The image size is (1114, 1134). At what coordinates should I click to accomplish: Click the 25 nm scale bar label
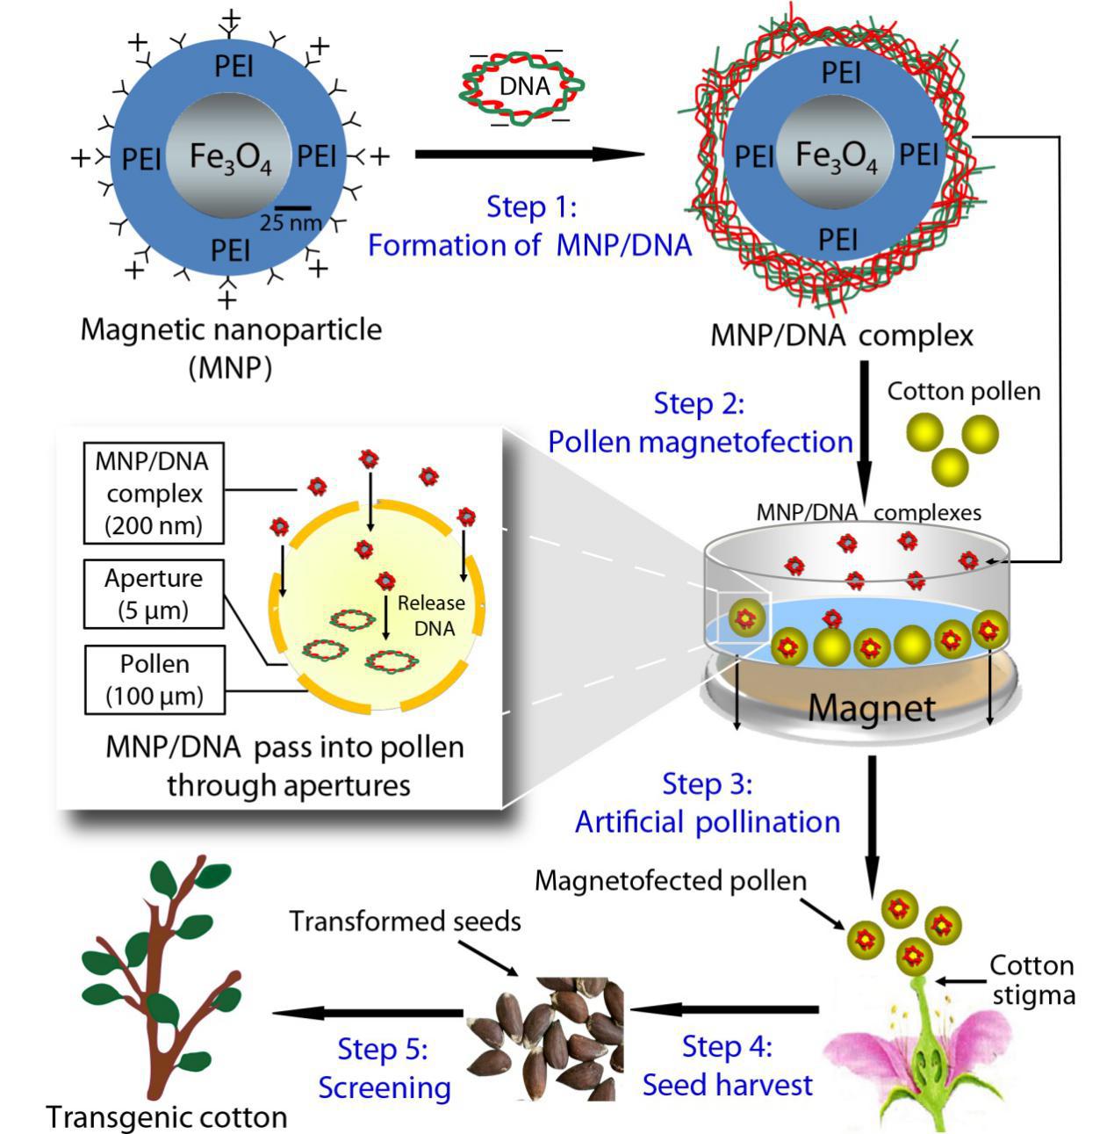click(291, 222)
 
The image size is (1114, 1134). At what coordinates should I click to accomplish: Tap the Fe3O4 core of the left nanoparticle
click(229, 156)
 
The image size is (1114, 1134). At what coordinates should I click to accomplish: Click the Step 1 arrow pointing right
click(529, 155)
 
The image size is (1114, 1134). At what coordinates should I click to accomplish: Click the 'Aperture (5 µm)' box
click(154, 594)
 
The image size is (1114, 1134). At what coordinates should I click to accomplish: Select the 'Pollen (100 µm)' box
click(155, 680)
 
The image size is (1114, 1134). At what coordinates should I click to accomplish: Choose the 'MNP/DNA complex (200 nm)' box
click(154, 493)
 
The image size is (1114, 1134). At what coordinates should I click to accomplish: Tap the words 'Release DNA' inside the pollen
click(432, 616)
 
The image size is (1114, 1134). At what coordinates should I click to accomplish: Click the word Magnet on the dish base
click(872, 707)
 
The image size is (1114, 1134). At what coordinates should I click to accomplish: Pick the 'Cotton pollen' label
click(963, 392)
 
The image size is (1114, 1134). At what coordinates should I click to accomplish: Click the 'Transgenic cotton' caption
click(167, 1116)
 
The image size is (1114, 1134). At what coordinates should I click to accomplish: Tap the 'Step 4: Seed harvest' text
click(728, 1065)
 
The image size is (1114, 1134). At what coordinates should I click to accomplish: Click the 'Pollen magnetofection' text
click(701, 441)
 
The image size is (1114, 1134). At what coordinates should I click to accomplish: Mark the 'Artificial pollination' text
click(708, 821)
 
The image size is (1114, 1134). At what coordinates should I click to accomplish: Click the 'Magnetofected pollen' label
click(671, 880)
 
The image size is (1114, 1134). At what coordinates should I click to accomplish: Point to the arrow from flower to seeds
click(724, 1010)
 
